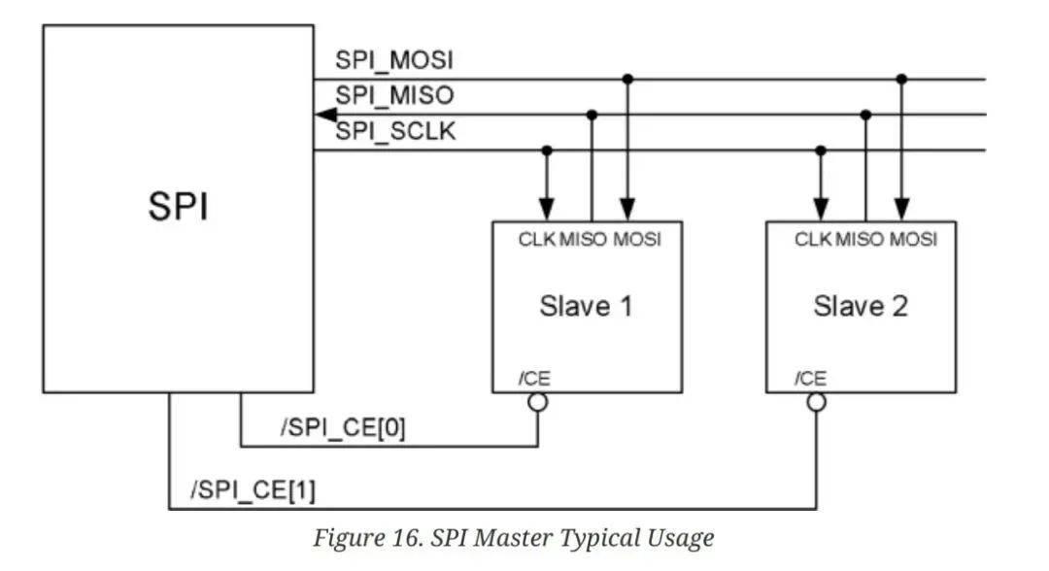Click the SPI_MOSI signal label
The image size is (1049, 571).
click(394, 60)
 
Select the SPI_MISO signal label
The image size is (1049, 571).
click(394, 95)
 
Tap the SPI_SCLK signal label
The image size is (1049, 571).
click(395, 131)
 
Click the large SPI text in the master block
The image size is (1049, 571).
click(178, 206)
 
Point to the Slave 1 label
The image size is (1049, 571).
click(586, 306)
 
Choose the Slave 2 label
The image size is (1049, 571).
click(861, 306)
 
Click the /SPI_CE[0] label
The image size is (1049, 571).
click(343, 427)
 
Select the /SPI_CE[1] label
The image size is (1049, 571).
click(253, 490)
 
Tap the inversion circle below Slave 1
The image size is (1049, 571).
click(538, 402)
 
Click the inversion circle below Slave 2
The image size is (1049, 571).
click(816, 402)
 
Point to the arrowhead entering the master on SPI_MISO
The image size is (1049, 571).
click(325, 115)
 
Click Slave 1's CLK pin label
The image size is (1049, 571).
click(537, 239)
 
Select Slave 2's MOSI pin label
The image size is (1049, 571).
click(913, 239)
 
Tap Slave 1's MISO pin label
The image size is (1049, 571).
click(584, 239)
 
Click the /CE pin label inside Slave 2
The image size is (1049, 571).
click(810, 379)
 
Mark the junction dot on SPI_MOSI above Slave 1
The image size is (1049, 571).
click(627, 79)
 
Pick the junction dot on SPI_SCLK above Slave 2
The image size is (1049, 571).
click(821, 151)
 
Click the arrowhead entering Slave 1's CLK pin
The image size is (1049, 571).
click(547, 210)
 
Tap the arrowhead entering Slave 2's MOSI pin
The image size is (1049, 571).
click(901, 210)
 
